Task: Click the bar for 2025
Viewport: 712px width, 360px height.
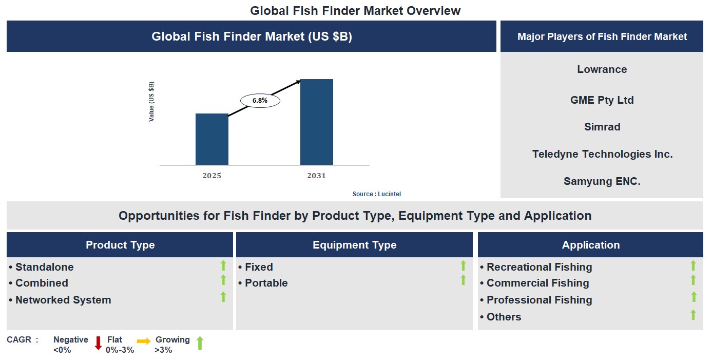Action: tap(211, 139)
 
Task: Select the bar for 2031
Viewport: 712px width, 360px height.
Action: tap(316, 122)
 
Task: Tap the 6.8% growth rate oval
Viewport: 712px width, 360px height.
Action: tap(260, 101)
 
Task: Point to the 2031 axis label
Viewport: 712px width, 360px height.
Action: tap(316, 176)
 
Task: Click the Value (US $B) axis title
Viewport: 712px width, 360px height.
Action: tap(151, 102)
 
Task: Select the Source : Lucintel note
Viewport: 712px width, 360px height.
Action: tap(377, 194)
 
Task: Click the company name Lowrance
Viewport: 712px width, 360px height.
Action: tap(602, 69)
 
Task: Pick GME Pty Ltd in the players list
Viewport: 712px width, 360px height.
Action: tap(602, 100)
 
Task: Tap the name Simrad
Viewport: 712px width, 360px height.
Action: tap(602, 127)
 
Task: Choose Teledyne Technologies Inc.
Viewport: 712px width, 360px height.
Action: tap(602, 154)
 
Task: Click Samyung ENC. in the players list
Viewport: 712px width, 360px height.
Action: tap(602, 181)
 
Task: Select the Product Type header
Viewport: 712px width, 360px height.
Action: tap(120, 245)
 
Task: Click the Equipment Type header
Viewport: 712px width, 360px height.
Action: tap(354, 245)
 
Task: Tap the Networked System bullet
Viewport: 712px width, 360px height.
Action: tap(63, 300)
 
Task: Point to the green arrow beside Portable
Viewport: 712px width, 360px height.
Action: tap(463, 280)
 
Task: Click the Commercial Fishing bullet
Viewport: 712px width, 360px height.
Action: tap(537, 283)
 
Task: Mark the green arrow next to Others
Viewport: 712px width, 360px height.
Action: tap(693, 315)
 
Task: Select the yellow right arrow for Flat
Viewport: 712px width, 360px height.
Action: tap(144, 341)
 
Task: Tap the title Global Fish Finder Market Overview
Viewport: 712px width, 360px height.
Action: tap(355, 10)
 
